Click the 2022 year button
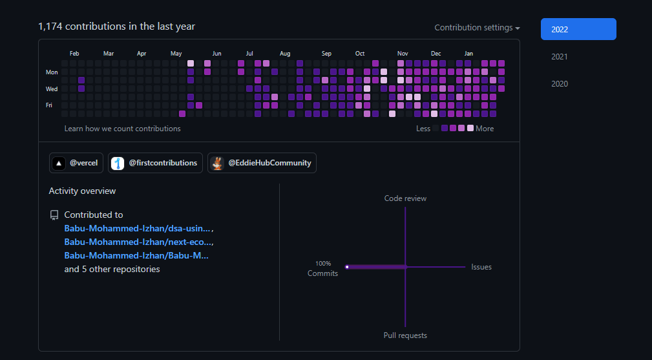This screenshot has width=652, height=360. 578,29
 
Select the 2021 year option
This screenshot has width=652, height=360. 560,57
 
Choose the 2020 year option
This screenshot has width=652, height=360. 560,84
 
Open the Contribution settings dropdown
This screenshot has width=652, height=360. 477,28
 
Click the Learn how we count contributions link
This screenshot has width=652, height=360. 122,129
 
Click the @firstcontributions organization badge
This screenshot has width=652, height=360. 155,163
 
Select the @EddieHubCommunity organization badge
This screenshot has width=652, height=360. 262,163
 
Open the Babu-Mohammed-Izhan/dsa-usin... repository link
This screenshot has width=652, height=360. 138,228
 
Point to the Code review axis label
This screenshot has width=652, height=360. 405,198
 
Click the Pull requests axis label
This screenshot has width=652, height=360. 405,335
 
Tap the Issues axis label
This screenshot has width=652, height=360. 481,267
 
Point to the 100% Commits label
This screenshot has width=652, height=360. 323,269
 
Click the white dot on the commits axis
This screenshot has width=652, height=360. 347,266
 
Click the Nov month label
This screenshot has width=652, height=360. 403,54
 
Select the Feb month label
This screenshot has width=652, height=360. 74,54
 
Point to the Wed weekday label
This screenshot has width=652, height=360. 52,89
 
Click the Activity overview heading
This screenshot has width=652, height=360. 82,191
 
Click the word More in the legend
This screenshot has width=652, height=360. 485,129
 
